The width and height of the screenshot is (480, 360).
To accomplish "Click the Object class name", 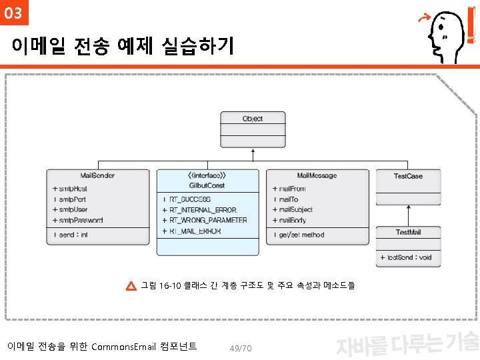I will click(x=253, y=119).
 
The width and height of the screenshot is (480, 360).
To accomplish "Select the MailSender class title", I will click(x=97, y=176).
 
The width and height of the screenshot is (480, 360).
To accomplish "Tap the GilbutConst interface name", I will click(x=207, y=185).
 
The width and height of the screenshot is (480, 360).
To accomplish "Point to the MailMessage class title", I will click(x=317, y=176).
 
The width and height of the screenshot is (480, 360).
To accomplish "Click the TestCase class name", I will click(x=408, y=176).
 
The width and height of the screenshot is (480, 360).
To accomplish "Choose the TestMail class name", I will click(x=408, y=232).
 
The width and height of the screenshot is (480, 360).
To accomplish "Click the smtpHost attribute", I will click(x=71, y=189).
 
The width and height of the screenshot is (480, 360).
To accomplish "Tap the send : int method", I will click(x=71, y=235).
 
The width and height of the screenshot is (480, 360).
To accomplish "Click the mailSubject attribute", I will click(x=294, y=210).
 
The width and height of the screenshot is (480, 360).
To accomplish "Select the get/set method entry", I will click(x=299, y=235).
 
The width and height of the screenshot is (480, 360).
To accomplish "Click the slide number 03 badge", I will click(x=13, y=13).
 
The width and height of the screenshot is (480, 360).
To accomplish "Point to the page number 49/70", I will click(x=240, y=349).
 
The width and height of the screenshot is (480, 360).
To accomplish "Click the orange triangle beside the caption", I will click(x=131, y=287).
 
